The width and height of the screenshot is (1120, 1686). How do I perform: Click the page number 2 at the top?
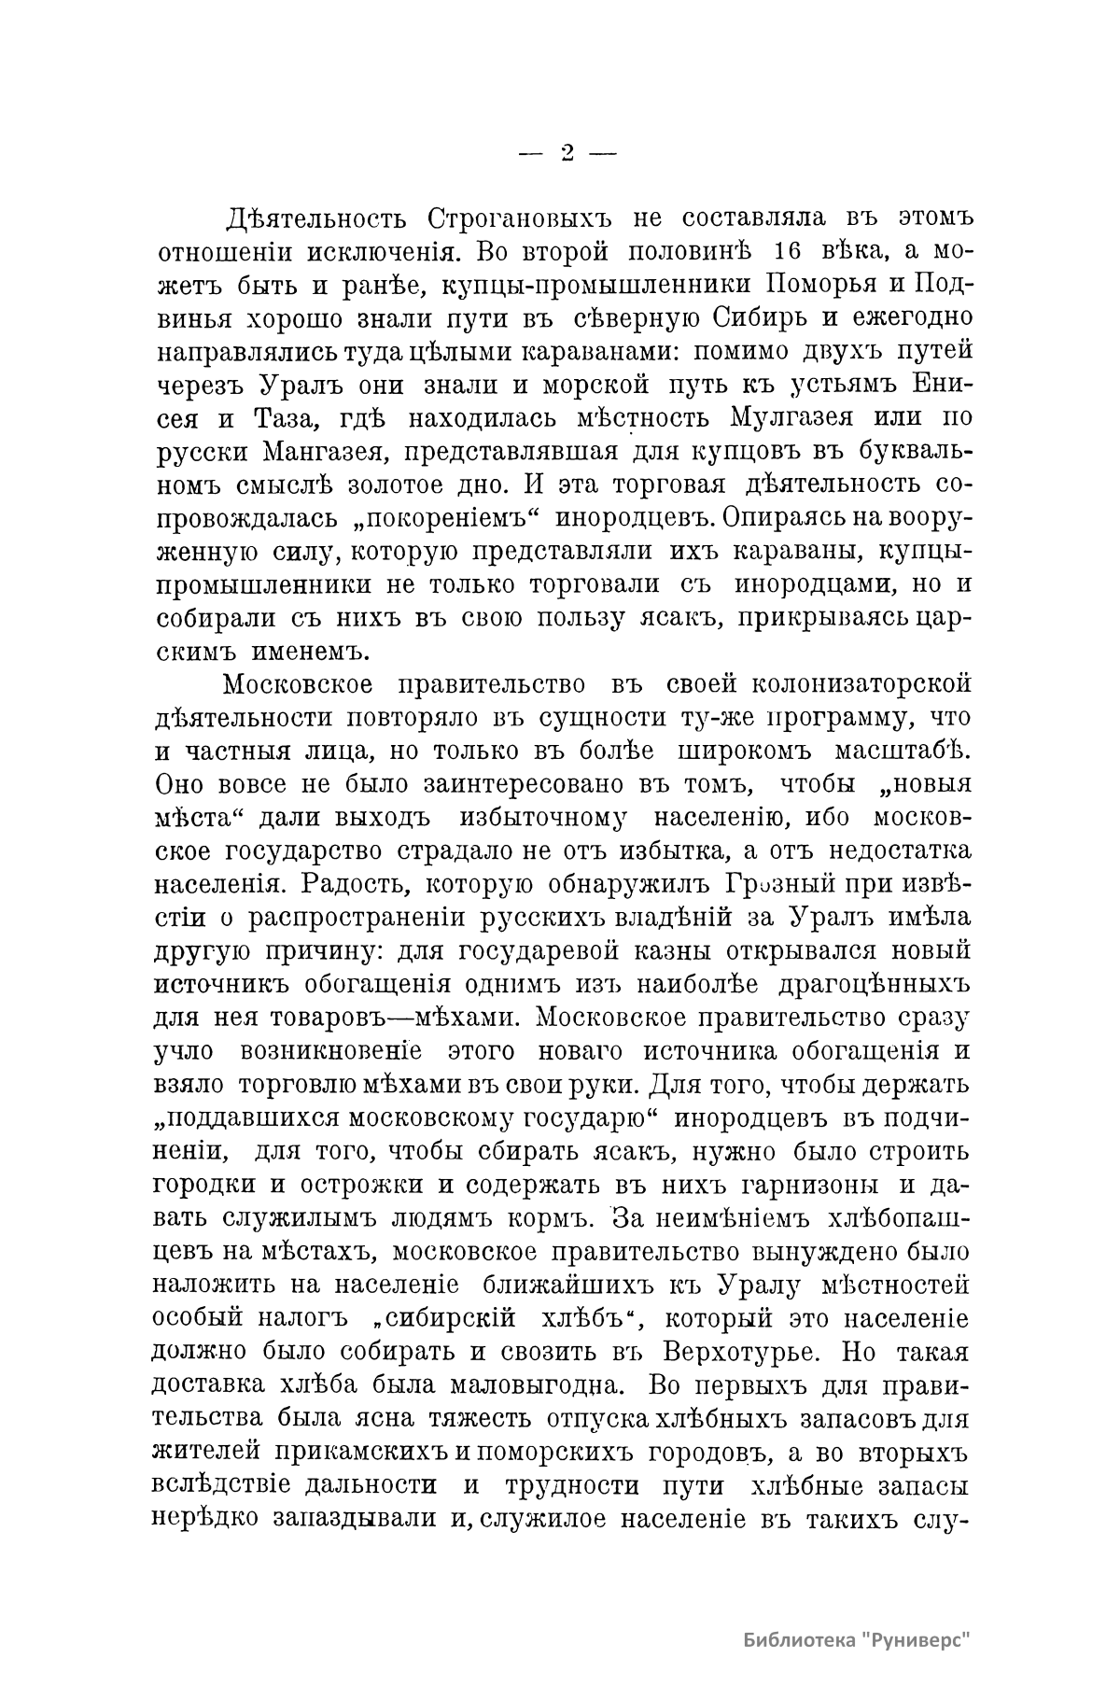click(x=567, y=153)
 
